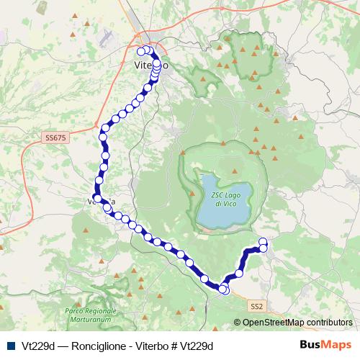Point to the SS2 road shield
pyautogui.click(x=257, y=306)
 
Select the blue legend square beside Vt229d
pyautogui.click(x=9, y=346)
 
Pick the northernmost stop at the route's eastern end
pyautogui.click(x=263, y=241)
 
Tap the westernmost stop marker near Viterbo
pyautogui.click(x=141, y=51)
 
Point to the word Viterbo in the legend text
pyautogui.click(x=149, y=346)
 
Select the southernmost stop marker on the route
pyautogui.click(x=225, y=291)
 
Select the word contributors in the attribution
pyautogui.click(x=329, y=323)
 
